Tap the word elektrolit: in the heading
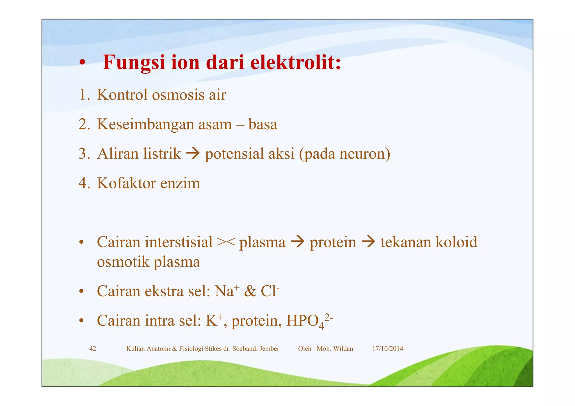click(x=295, y=62)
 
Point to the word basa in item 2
click(x=263, y=124)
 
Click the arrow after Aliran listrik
click(x=193, y=153)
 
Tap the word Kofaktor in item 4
click(x=126, y=183)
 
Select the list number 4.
click(x=84, y=183)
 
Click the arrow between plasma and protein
click(x=298, y=242)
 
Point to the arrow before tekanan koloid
click(x=368, y=242)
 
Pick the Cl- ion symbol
click(x=270, y=291)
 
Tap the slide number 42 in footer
click(x=93, y=349)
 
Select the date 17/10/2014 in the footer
click(x=387, y=349)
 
